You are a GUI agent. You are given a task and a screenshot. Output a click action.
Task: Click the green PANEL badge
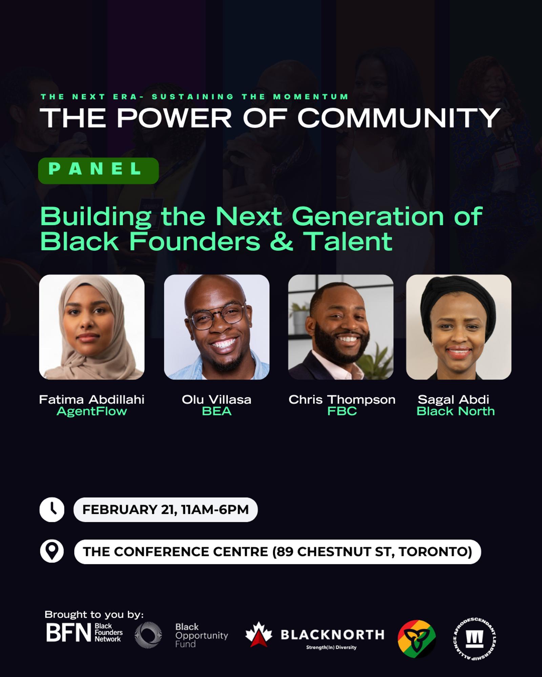point(98,171)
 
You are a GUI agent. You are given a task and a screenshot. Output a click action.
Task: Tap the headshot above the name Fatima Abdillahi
point(92,327)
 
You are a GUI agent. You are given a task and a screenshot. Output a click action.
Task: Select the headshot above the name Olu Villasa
point(217,327)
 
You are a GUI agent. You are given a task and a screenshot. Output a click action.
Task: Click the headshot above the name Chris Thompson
point(341,327)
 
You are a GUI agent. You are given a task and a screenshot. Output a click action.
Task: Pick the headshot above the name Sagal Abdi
point(459,327)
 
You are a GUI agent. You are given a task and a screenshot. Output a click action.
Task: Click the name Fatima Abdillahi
point(92,399)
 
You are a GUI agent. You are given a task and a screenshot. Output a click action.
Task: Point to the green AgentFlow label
point(92,411)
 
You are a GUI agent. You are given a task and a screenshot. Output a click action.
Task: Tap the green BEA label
point(217,411)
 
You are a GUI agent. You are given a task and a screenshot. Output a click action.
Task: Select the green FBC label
point(342,411)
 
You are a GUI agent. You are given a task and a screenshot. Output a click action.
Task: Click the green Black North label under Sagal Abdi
point(456,411)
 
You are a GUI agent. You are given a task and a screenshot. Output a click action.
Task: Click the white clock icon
point(52,510)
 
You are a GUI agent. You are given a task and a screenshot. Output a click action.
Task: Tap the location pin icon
point(52,551)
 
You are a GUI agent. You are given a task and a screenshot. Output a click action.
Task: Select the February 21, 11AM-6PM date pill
point(165,510)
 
